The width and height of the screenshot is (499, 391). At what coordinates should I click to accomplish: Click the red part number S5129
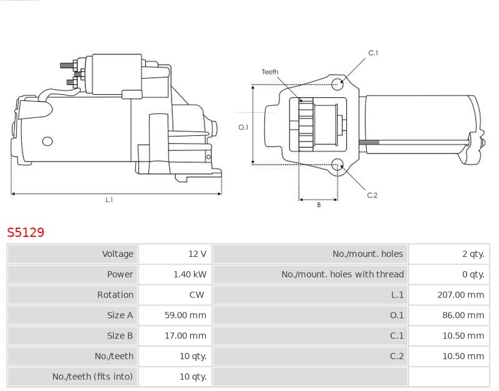(26, 233)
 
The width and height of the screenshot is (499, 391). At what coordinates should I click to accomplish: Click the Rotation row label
(115, 295)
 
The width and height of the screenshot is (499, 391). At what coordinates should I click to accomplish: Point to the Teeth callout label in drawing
(270, 72)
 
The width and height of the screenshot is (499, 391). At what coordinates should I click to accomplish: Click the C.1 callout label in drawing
(373, 53)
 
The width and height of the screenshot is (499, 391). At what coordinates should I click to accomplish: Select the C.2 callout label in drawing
(372, 195)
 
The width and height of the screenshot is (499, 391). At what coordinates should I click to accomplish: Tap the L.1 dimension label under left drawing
(109, 200)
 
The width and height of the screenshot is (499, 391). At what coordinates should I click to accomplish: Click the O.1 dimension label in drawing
(243, 127)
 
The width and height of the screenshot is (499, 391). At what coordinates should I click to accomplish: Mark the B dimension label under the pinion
(319, 205)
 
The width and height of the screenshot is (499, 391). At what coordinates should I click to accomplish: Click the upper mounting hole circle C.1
(337, 84)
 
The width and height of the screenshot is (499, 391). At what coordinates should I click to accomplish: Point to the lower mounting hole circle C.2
(337, 165)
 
